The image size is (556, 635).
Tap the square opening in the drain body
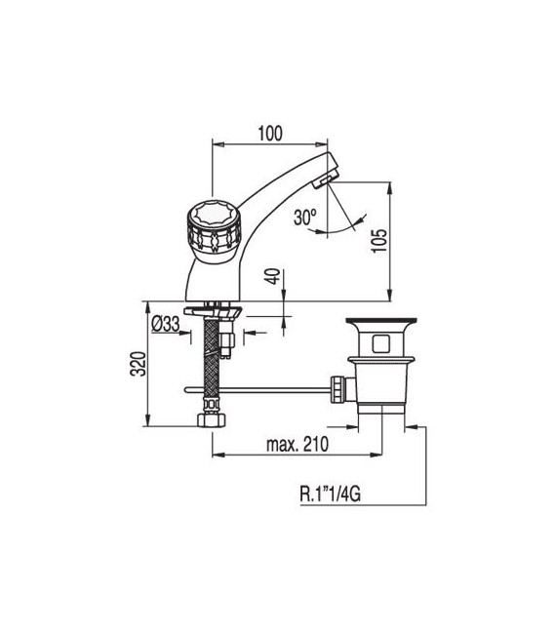click(x=377, y=344)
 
